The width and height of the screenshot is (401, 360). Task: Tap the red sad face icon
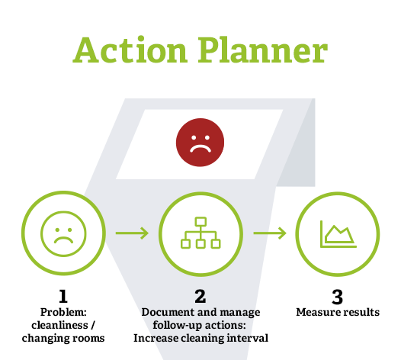click(200, 141)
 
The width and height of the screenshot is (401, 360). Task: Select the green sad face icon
click(62, 233)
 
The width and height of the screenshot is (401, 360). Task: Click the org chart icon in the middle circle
click(200, 233)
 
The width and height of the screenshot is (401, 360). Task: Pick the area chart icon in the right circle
click(338, 232)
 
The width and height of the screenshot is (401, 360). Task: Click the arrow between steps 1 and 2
click(131, 233)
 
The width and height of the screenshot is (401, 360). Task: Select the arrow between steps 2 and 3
click(269, 233)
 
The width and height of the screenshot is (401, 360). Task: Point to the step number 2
click(200, 297)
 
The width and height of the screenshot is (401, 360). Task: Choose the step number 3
click(338, 297)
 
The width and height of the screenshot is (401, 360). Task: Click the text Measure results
click(338, 313)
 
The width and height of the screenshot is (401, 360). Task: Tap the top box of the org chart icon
click(200, 222)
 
